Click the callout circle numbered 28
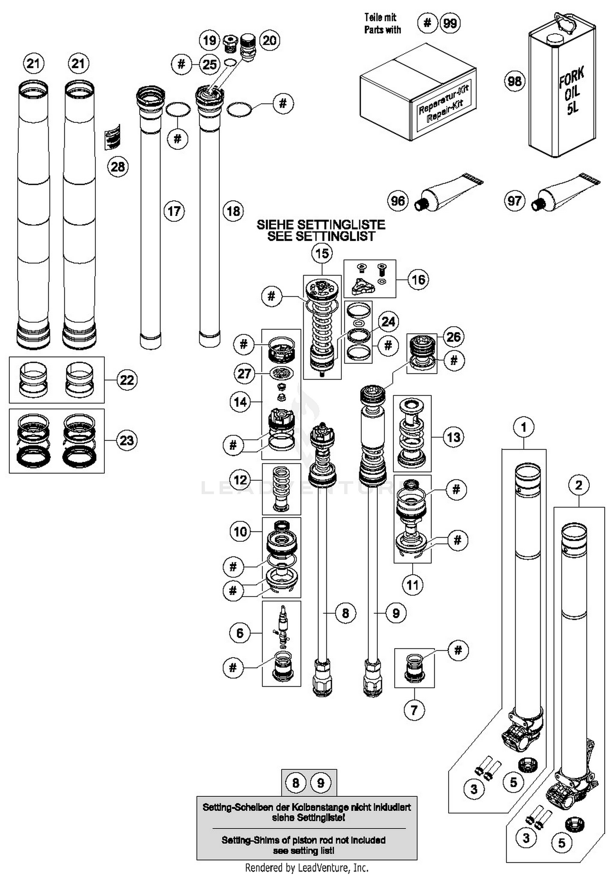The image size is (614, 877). [x=118, y=167]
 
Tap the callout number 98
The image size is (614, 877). [x=515, y=81]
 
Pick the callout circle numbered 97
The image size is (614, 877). [x=514, y=201]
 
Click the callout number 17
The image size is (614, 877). [x=174, y=211]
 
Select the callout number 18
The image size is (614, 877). [x=233, y=211]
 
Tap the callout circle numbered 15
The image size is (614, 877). [x=322, y=253]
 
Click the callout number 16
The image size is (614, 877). [x=418, y=280]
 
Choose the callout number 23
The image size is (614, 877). [x=126, y=441]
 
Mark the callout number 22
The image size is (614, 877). [x=126, y=380]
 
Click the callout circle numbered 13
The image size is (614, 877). [x=454, y=437]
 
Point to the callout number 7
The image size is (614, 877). [x=414, y=710]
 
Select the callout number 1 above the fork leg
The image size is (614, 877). [x=524, y=427]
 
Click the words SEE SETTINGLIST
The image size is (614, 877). [x=321, y=236]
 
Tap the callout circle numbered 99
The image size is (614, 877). [x=450, y=23]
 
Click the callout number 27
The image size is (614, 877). [x=244, y=373]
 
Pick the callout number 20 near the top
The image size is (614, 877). [x=269, y=40]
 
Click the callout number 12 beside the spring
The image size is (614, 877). [x=240, y=479]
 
